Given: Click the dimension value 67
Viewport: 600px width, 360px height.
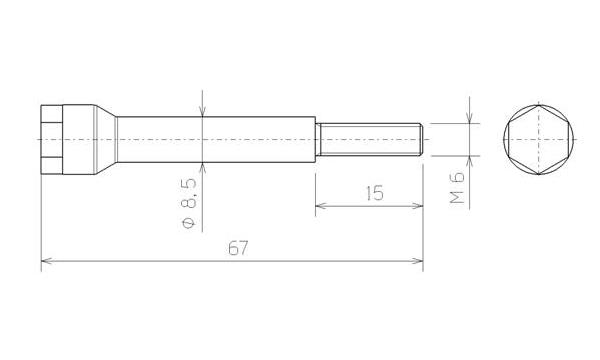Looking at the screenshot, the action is click(238, 248).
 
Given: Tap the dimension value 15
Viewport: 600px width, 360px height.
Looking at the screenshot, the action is click(374, 193).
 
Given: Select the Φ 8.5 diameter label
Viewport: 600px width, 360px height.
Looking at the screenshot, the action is click(189, 204).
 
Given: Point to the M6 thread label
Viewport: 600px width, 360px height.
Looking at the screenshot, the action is click(457, 187).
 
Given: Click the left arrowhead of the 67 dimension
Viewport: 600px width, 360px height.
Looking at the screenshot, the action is click(46, 261).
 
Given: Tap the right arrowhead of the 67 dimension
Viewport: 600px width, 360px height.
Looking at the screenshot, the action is click(418, 261).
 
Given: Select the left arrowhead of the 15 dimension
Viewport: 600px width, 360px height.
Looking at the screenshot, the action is click(320, 206).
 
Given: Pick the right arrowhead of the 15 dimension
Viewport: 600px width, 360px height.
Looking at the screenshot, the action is click(418, 206).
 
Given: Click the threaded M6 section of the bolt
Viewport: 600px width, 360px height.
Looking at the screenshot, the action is click(370, 139).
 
